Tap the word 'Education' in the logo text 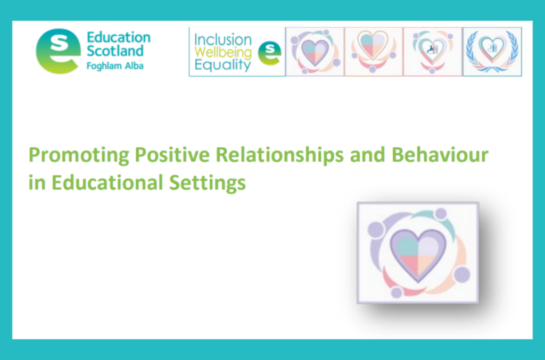click(x=118, y=37)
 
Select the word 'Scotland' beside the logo click(x=115, y=51)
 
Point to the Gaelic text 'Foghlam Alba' click(x=115, y=65)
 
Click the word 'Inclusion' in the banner click(x=223, y=39)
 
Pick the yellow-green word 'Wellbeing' click(x=223, y=53)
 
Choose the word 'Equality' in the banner click(x=222, y=65)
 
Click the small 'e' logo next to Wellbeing click(x=269, y=53)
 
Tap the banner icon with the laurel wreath click(x=492, y=52)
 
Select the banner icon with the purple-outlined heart click(x=315, y=52)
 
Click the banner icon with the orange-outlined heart click(x=374, y=52)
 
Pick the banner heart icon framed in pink click(x=433, y=52)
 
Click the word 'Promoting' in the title click(x=79, y=155)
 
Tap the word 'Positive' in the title click(x=172, y=155)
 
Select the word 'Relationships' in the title click(x=280, y=155)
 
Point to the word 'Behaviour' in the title click(x=440, y=155)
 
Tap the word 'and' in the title click(x=367, y=155)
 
